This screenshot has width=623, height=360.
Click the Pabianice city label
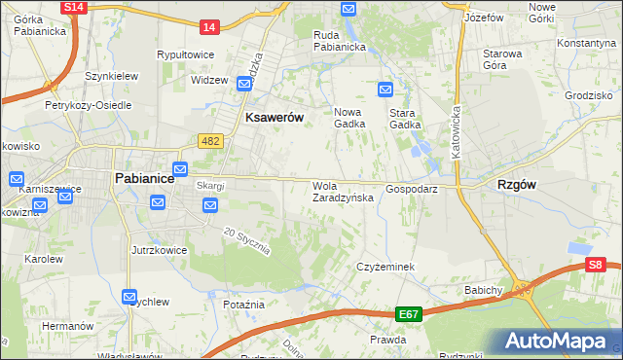point(144,178)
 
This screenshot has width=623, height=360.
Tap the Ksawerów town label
point(275,117)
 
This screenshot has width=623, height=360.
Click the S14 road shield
point(74,7)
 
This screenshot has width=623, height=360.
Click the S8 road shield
point(596,264)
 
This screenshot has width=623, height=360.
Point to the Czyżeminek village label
point(386,266)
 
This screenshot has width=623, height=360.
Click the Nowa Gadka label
point(350,117)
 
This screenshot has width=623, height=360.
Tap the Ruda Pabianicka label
point(339,40)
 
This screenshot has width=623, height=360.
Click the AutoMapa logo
point(559,341)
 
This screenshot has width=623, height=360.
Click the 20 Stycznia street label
point(245,241)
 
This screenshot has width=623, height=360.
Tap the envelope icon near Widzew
point(244,85)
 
